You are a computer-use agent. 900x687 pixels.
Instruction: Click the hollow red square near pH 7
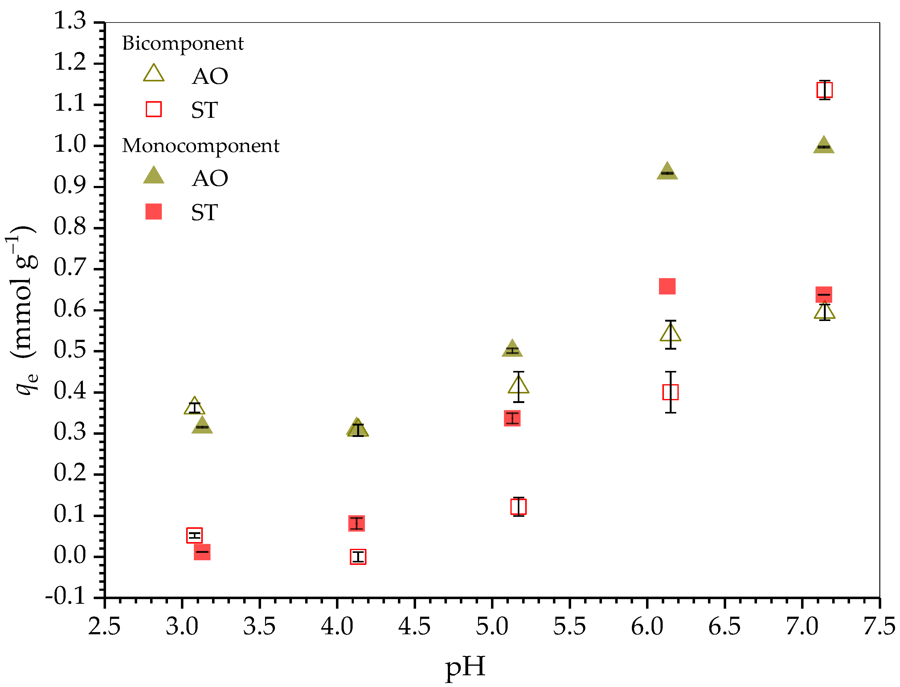click(824, 90)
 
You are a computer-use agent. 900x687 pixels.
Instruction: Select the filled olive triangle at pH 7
click(824, 146)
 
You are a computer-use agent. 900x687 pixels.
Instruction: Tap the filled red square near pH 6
click(667, 286)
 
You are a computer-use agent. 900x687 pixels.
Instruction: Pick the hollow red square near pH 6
click(670, 392)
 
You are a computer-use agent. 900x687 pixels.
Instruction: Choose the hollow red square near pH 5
click(518, 507)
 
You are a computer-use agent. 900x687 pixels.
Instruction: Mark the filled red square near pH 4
click(356, 523)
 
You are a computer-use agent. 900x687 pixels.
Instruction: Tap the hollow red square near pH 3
click(194, 535)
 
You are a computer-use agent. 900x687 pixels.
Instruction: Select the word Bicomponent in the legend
click(183, 44)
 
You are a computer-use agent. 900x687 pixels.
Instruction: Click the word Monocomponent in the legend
click(200, 146)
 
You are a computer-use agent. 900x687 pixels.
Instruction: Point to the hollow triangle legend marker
click(154, 74)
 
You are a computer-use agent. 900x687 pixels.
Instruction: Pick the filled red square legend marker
click(154, 212)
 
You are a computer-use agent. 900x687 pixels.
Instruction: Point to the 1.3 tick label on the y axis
click(70, 20)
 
